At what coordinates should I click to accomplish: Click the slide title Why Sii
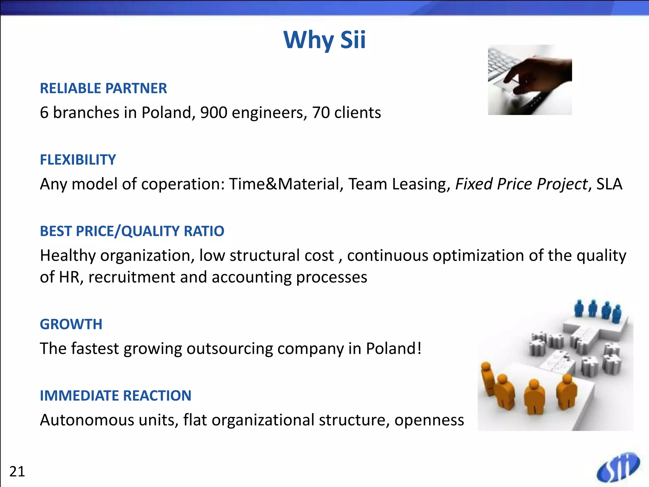[324, 40]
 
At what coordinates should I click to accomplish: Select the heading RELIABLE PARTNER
[103, 88]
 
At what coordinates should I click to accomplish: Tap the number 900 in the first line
[214, 113]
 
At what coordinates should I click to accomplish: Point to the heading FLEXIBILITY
[78, 160]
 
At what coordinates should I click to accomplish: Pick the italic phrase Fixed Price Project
[521, 184]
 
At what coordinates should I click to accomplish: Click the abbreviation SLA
[609, 184]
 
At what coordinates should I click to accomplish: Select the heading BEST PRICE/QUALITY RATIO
[132, 231]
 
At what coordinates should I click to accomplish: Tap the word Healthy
[68, 256]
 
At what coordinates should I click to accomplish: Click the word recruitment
[132, 277]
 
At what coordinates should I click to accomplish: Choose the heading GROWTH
[71, 324]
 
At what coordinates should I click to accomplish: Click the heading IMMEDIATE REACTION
[115, 396]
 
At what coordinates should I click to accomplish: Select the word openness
[429, 420]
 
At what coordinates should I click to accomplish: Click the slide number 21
[17, 472]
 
